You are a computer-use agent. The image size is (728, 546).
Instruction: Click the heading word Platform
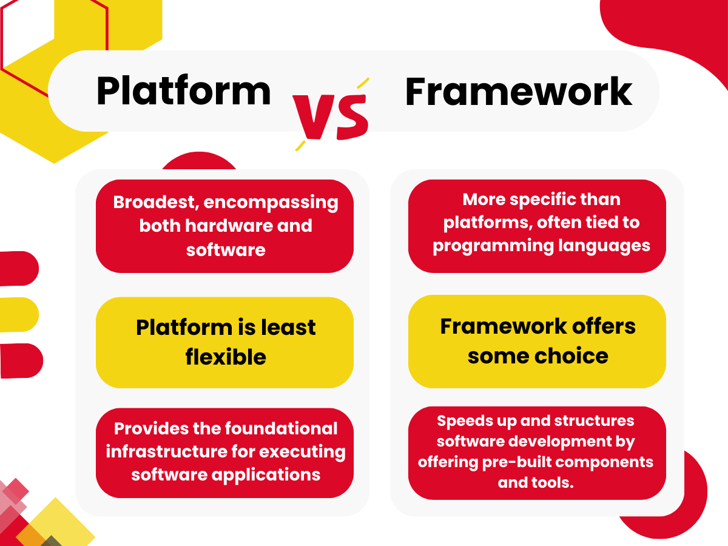(x=183, y=91)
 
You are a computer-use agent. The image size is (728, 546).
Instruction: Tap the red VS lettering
(x=331, y=116)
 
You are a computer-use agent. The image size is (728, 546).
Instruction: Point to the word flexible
(x=226, y=357)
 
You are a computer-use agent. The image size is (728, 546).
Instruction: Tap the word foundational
(x=281, y=428)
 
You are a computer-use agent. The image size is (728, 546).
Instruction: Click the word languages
(x=604, y=246)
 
